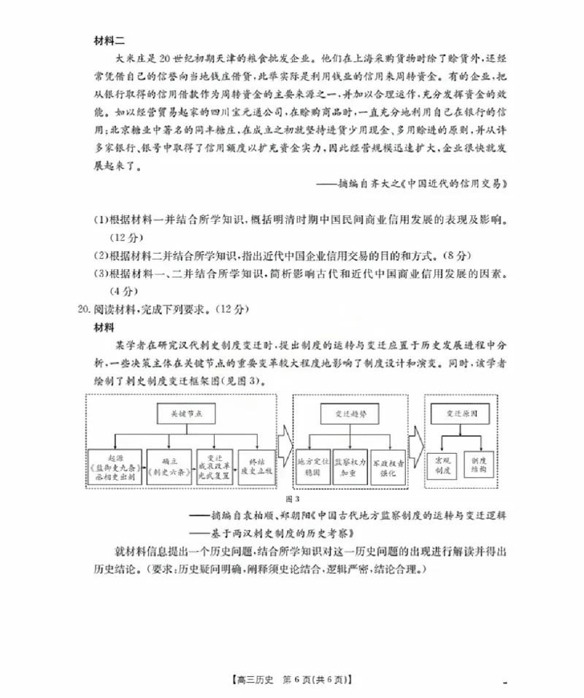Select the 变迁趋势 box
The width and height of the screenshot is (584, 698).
pyautogui.click(x=347, y=414)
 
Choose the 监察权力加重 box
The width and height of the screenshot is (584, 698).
pyautogui.click(x=347, y=467)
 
